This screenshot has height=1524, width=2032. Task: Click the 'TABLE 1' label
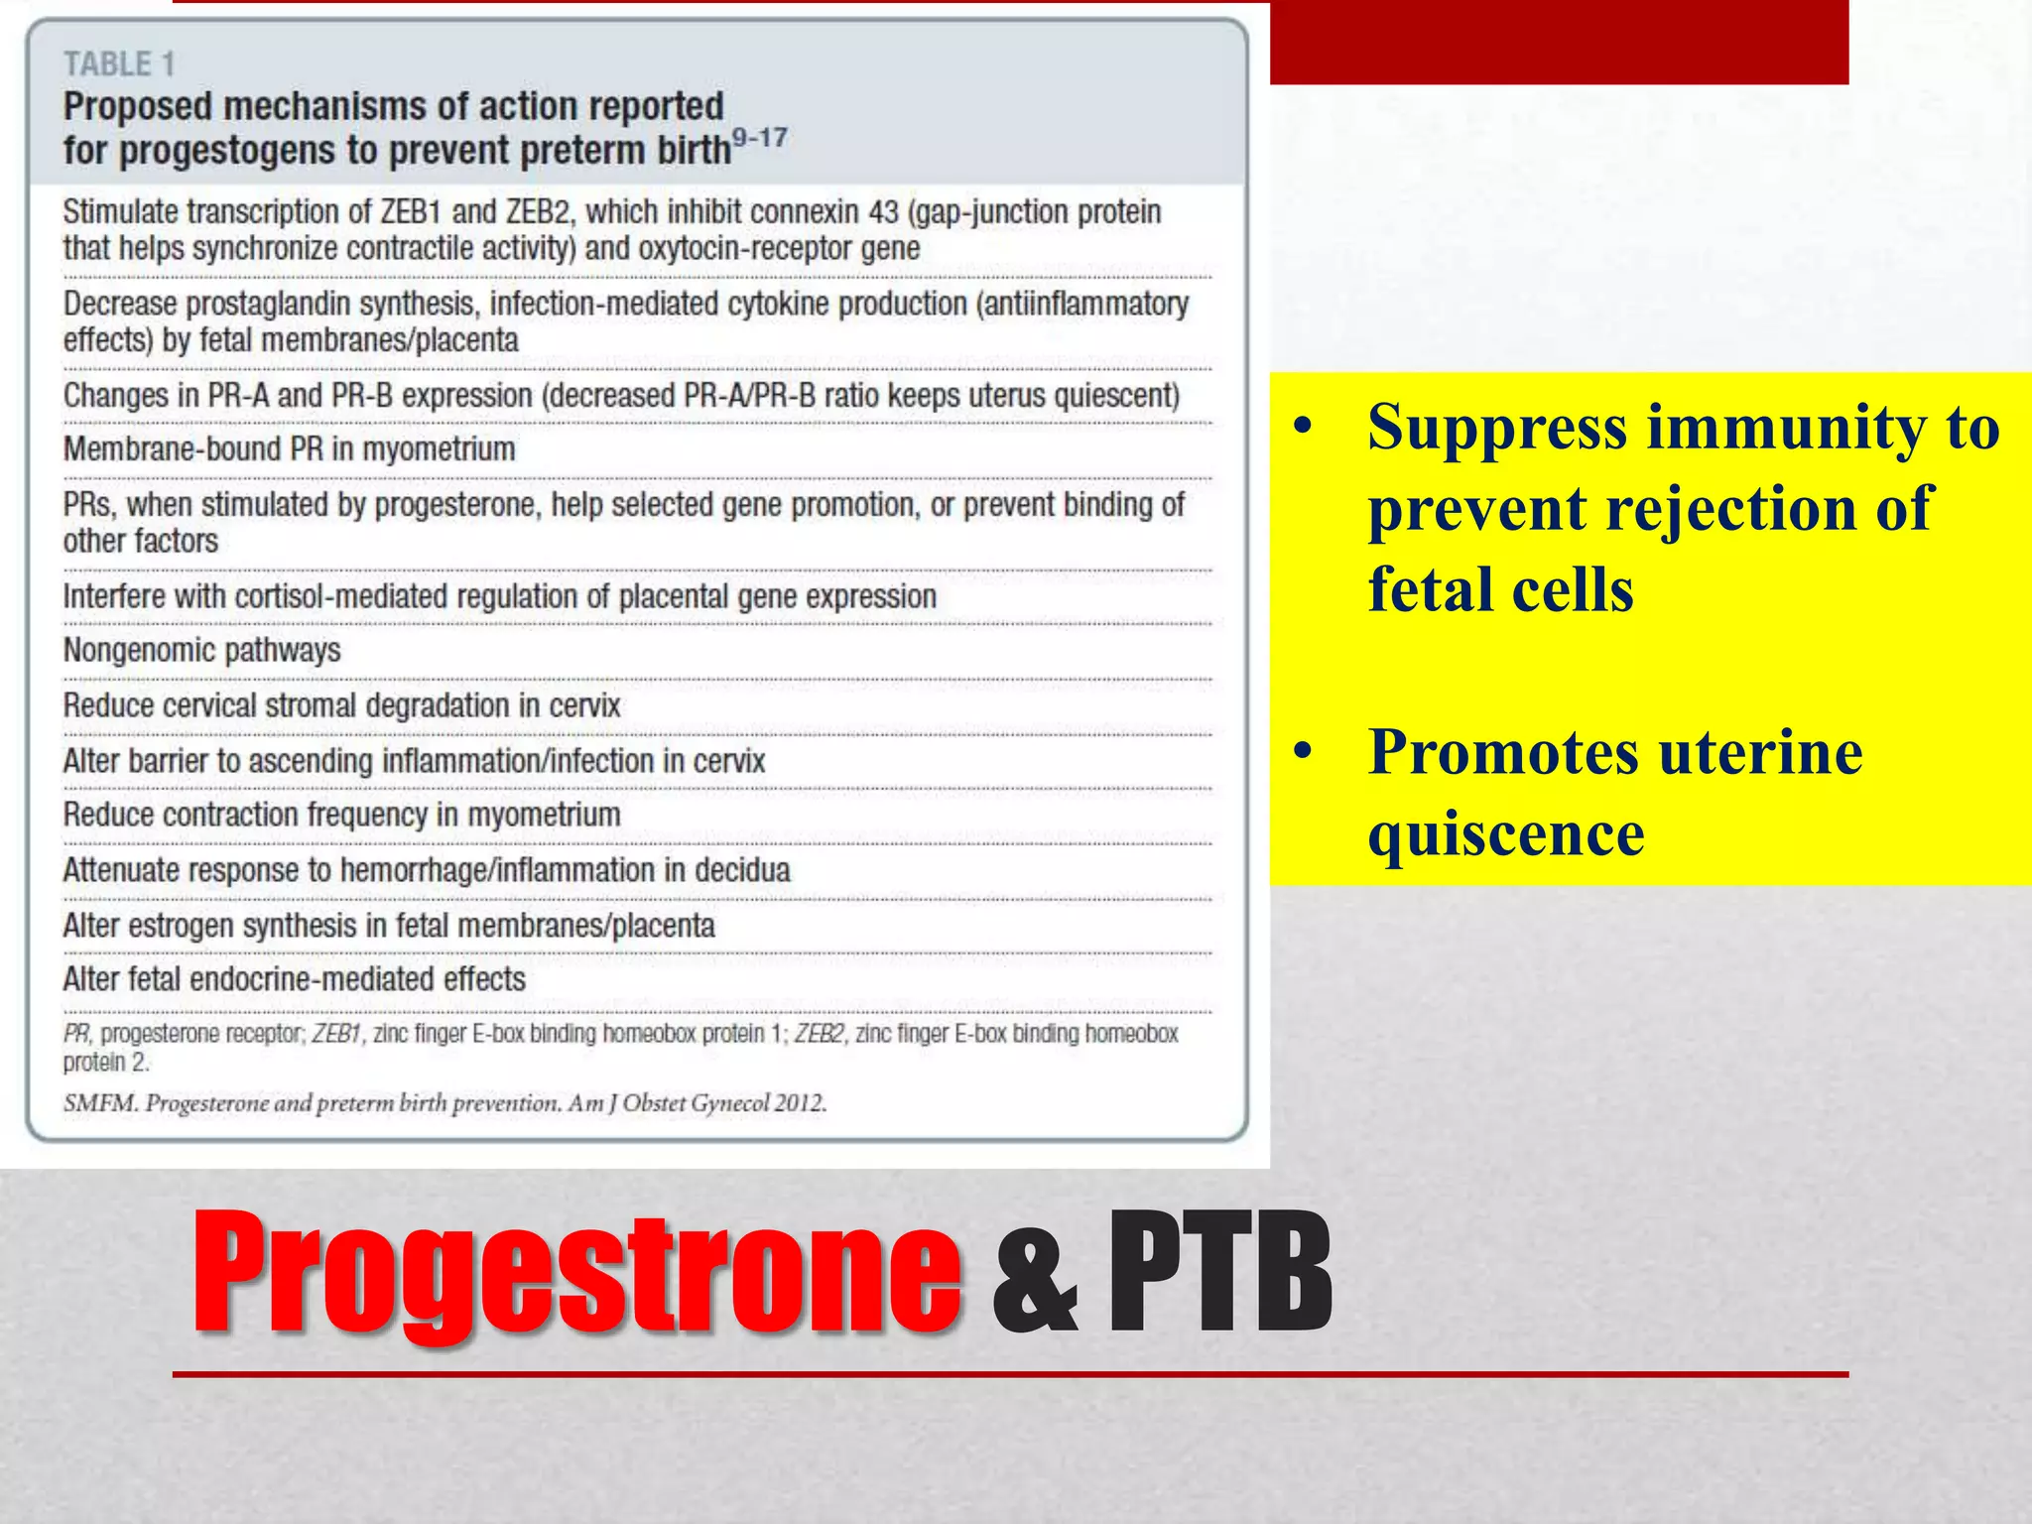[119, 64]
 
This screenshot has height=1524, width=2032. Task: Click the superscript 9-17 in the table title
[759, 138]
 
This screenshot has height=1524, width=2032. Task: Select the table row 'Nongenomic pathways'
[201, 651]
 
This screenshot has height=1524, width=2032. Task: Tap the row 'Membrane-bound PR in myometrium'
[289, 449]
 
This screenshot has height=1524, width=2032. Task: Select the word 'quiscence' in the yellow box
[1505, 833]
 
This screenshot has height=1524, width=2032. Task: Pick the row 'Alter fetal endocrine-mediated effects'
[294, 979]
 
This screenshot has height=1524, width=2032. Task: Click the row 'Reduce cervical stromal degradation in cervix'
[341, 706]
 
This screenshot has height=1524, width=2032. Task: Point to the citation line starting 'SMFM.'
[444, 1103]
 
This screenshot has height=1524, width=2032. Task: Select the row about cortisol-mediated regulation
[499, 597]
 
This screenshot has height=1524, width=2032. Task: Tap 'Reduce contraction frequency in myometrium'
[341, 816]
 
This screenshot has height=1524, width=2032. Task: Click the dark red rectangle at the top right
[1558, 42]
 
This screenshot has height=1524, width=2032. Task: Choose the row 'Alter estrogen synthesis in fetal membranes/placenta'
[389, 926]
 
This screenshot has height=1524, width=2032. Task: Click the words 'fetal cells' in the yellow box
[1499, 590]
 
